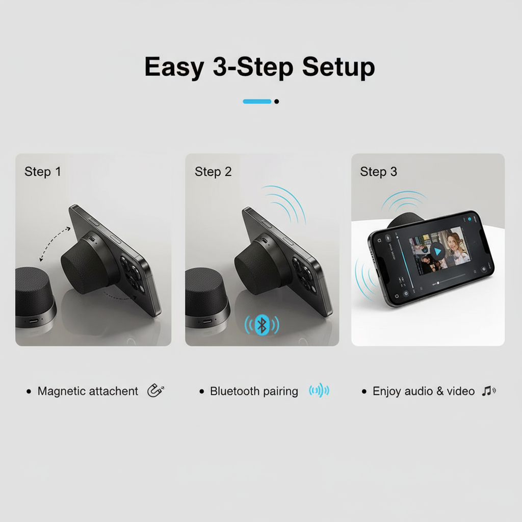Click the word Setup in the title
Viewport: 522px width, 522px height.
[x=338, y=68]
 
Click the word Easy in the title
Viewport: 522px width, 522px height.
[x=173, y=68]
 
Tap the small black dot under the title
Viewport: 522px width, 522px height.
[x=276, y=101]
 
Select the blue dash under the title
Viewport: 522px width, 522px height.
[x=257, y=101]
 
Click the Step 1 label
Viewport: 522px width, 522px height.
[x=42, y=172]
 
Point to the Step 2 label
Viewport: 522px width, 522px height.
[x=213, y=172]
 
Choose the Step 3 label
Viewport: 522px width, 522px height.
[x=378, y=172]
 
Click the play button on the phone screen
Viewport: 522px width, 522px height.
[x=437, y=251]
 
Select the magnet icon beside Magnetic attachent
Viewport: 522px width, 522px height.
[x=155, y=391]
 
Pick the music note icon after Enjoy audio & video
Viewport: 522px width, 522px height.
[x=488, y=391]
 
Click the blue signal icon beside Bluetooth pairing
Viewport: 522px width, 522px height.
[x=319, y=391]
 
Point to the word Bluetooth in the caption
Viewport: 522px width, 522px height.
[x=234, y=391]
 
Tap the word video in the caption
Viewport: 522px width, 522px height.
[x=461, y=391]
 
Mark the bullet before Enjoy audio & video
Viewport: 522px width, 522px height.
[x=364, y=391]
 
